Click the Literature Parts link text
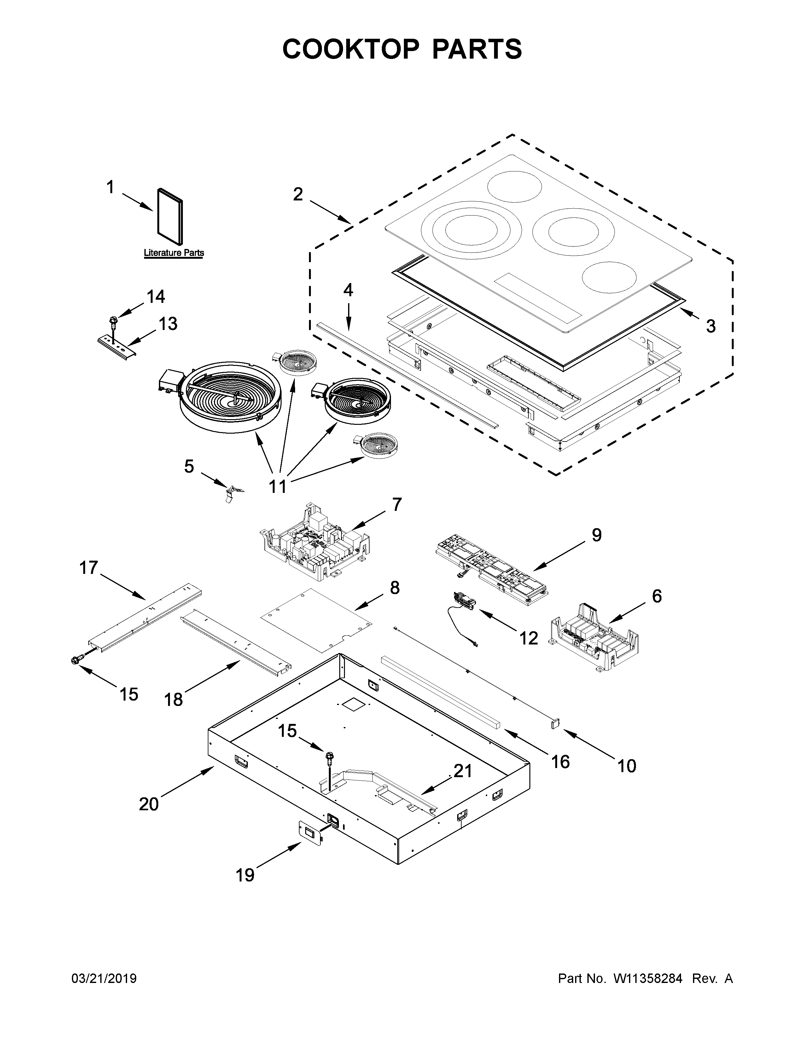(x=174, y=253)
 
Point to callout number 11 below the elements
(x=278, y=486)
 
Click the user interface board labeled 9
(x=491, y=569)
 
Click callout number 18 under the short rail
(x=173, y=700)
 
